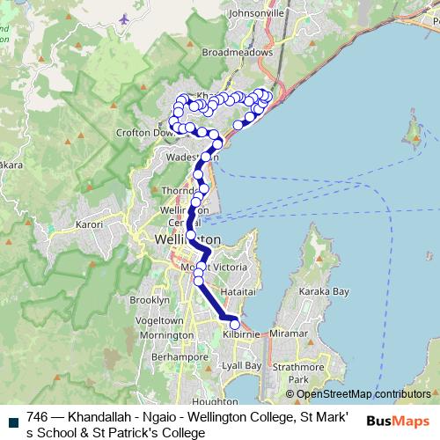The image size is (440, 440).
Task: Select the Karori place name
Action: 91,225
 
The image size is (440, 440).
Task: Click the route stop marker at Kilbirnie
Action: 234,325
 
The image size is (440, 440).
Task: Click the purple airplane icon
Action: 124,18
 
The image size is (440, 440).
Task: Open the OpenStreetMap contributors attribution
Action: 363,394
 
